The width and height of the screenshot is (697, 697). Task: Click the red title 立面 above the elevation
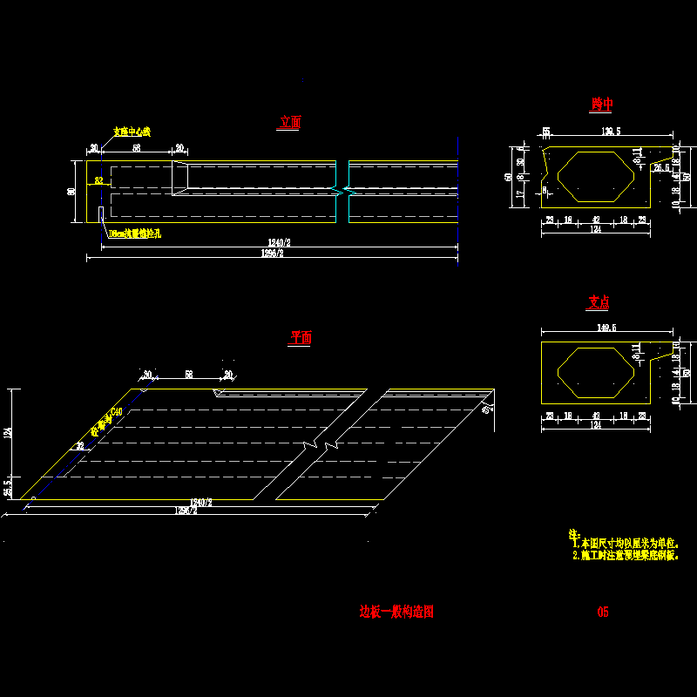click(x=290, y=123)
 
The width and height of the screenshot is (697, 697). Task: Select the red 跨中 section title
click(x=601, y=105)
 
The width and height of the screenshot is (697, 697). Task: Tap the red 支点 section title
click(x=598, y=302)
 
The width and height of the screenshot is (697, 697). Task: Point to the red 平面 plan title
click(x=300, y=338)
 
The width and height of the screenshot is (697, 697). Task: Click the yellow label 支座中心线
click(x=132, y=132)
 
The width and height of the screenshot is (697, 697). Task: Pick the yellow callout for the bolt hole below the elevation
click(x=135, y=234)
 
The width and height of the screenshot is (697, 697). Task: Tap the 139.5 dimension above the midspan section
click(x=611, y=132)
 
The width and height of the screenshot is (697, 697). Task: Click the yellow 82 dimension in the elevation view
click(x=98, y=181)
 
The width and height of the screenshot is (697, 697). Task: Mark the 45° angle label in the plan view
click(x=486, y=409)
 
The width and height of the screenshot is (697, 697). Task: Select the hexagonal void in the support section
click(x=598, y=372)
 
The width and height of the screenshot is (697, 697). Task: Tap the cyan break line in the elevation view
click(x=348, y=189)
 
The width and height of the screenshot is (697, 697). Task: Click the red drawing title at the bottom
click(x=396, y=612)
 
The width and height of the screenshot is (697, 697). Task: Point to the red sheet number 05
click(x=602, y=612)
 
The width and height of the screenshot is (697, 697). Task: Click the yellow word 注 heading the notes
click(x=573, y=533)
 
